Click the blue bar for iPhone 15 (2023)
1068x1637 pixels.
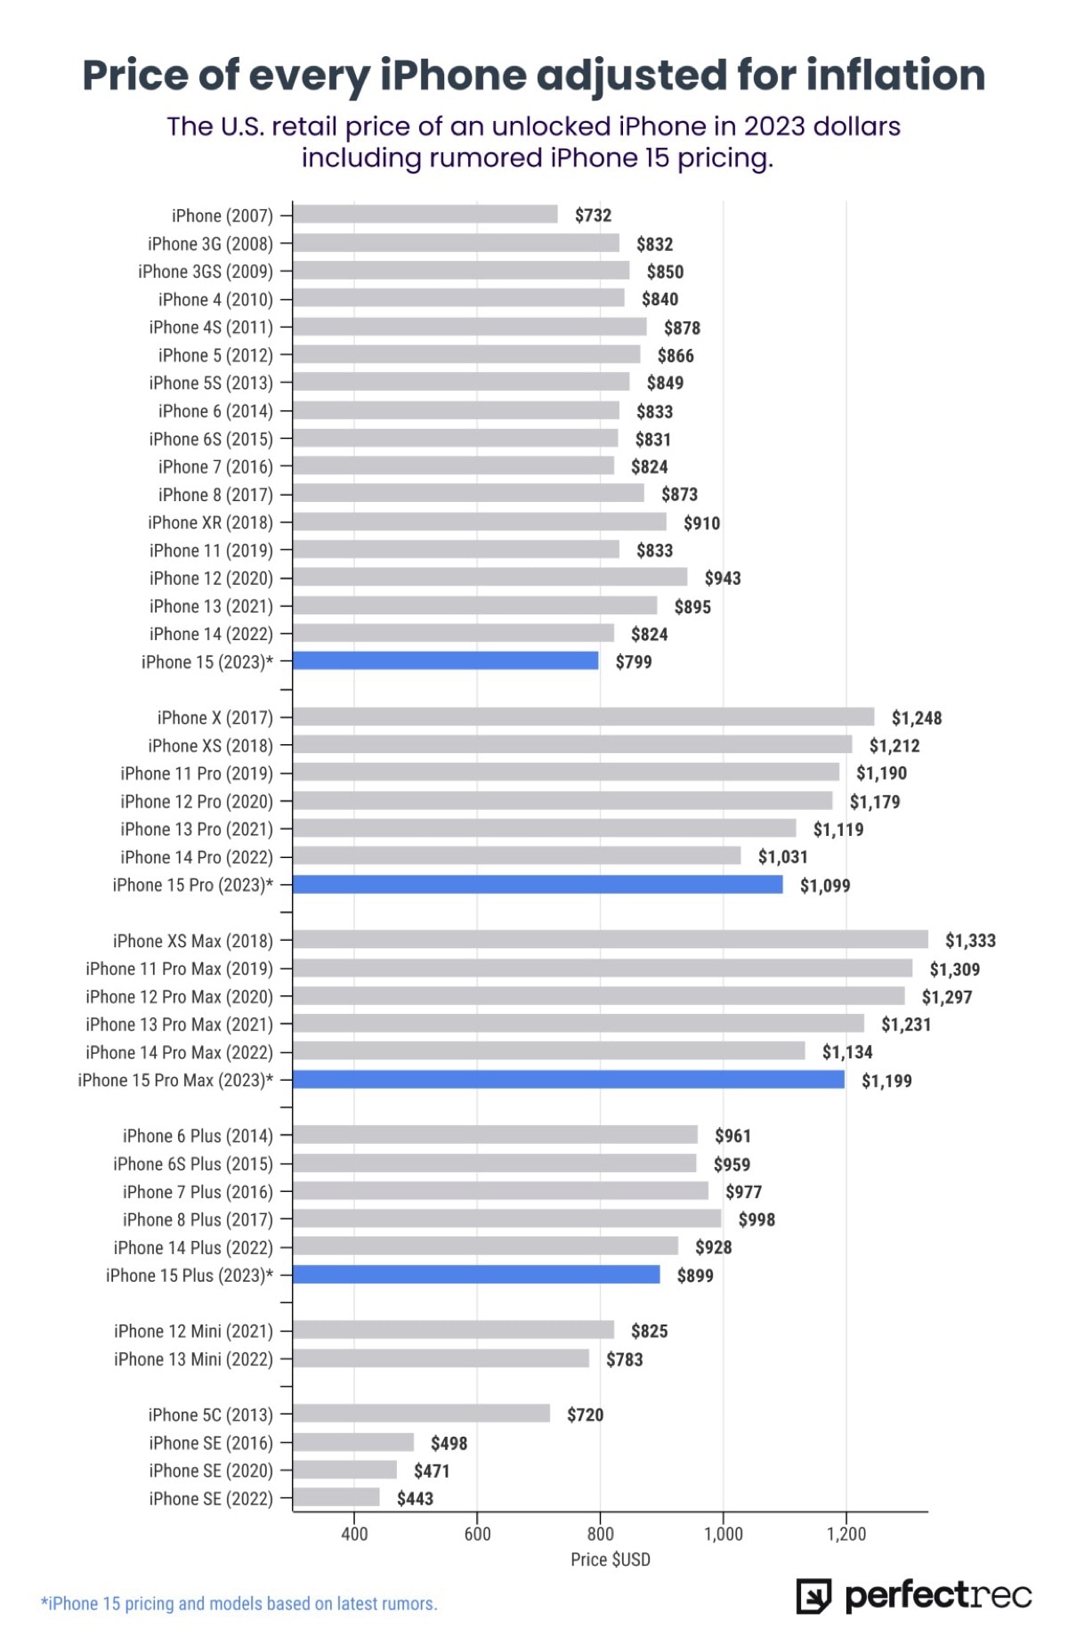click(445, 660)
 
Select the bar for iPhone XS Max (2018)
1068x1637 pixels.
click(610, 940)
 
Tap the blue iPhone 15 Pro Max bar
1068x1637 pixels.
click(568, 1080)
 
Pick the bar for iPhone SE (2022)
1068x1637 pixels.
click(336, 1497)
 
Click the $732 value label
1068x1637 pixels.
click(593, 215)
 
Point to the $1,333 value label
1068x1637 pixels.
click(970, 941)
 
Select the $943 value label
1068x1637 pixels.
click(722, 579)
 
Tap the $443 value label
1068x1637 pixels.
click(415, 1498)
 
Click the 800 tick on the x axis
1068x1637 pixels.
click(600, 1533)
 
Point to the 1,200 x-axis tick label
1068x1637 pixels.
click(845, 1533)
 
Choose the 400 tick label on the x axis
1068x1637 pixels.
click(354, 1533)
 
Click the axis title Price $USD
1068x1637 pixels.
click(610, 1559)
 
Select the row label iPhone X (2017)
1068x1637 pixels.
click(214, 717)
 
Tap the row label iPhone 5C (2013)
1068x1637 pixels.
click(211, 1414)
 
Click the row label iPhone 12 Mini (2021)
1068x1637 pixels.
click(193, 1331)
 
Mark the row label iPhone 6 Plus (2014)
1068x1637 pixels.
click(198, 1136)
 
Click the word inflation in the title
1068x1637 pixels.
click(895, 75)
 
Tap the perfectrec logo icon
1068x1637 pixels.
click(813, 1596)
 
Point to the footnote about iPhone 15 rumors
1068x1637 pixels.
click(239, 1603)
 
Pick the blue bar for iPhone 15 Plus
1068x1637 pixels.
click(476, 1275)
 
